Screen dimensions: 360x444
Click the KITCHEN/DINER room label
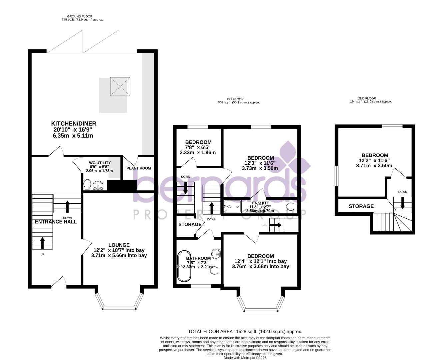coord(73,124)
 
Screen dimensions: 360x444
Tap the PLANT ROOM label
coord(139,168)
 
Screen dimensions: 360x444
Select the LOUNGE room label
coord(119,245)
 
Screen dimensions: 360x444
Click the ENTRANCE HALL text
coord(56,222)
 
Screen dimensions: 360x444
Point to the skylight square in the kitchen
coord(120,86)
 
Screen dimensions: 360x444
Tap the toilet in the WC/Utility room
coord(88,185)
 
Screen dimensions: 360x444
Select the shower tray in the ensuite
coord(233,207)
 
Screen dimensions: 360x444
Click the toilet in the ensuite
coord(292,206)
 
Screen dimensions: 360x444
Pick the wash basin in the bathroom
coord(216,253)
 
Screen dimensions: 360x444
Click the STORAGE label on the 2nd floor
coord(361,206)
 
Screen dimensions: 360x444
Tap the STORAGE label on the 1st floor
coord(190,225)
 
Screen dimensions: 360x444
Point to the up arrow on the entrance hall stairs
coord(42,243)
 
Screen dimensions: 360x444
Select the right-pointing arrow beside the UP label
coord(275,225)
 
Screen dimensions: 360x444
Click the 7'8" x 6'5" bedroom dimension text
coord(198,147)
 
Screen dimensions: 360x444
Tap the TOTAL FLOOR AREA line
coord(245,332)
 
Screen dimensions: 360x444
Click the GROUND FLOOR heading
coord(80,16)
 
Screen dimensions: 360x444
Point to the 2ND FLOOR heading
coord(367,99)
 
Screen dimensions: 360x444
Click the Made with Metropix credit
coord(245,358)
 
